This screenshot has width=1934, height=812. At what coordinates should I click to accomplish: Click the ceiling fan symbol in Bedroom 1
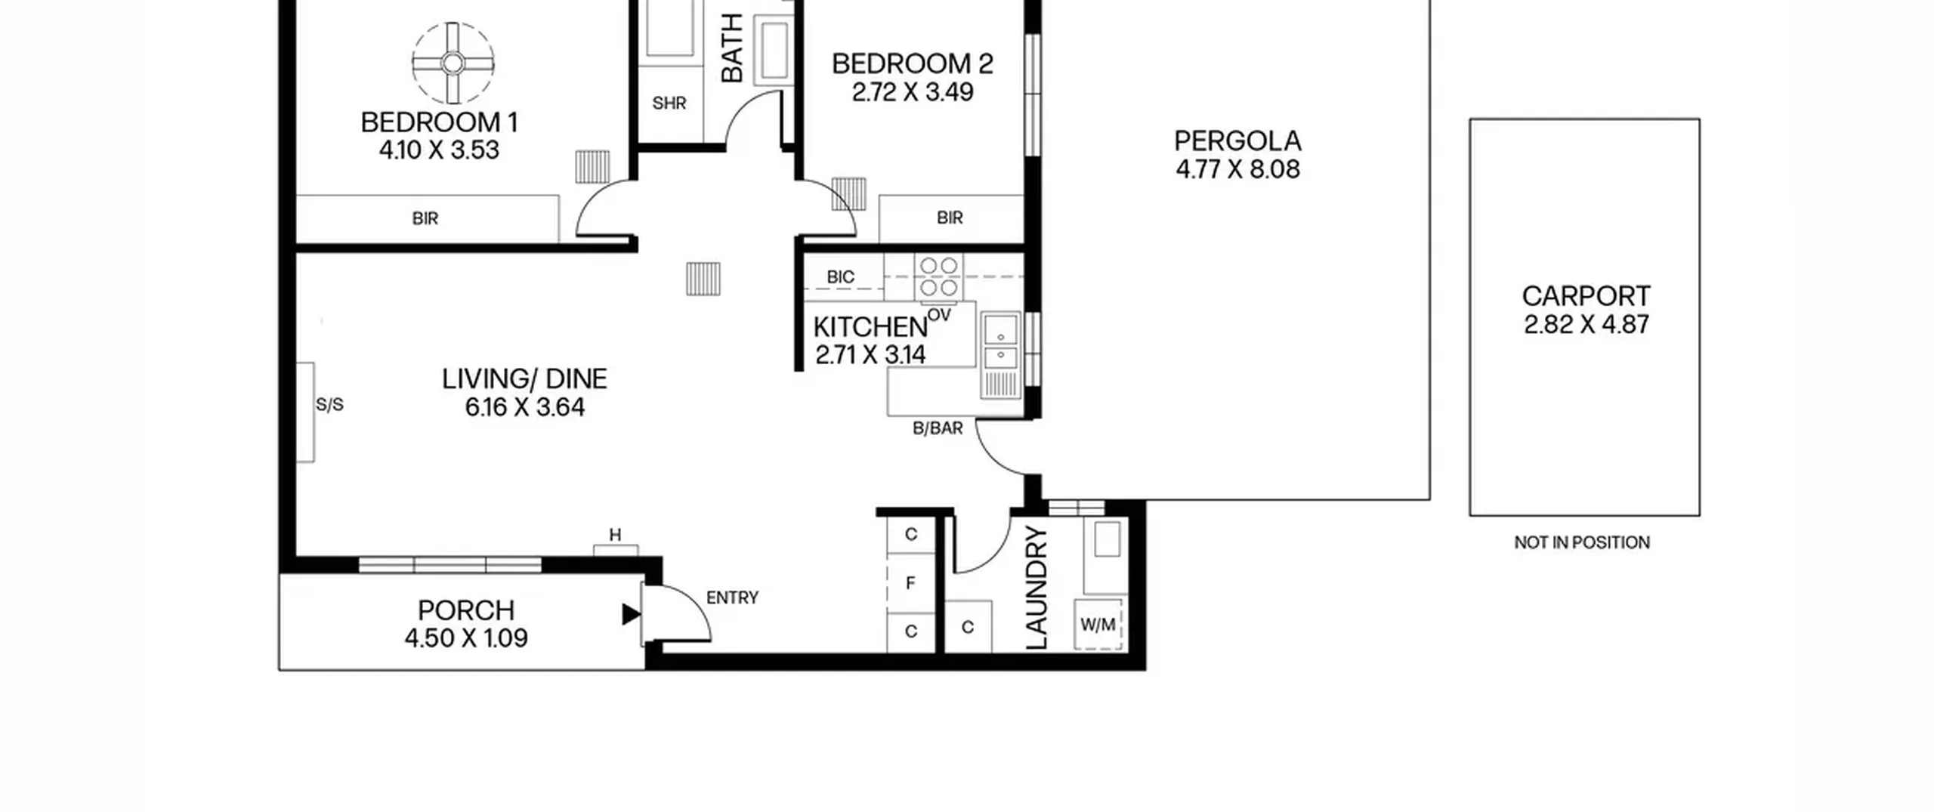453,63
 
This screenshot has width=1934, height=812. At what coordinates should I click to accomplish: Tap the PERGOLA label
1237,141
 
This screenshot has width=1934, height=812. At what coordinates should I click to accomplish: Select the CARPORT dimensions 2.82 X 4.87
1586,325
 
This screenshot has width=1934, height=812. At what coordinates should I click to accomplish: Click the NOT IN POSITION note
1582,542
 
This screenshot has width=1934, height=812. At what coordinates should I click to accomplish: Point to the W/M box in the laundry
1098,625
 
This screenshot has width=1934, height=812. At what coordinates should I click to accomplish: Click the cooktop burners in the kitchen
938,276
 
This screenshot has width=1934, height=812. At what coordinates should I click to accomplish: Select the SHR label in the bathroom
669,103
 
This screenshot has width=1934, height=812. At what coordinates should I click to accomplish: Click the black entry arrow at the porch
631,614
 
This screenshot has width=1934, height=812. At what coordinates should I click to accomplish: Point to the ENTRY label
732,597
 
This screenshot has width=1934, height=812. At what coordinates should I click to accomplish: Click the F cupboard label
910,583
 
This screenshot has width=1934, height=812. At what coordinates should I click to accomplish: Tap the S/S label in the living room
329,405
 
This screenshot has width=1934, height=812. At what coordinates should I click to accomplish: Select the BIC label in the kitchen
840,277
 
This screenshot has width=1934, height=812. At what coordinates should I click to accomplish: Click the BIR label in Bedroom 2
950,218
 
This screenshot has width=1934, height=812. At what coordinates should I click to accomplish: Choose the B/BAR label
938,428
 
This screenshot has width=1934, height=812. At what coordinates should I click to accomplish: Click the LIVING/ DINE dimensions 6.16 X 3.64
525,408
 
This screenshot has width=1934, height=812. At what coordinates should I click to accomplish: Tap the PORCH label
466,610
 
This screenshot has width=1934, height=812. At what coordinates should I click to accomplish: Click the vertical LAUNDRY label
1037,587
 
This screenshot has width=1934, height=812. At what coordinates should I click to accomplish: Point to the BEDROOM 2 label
913,63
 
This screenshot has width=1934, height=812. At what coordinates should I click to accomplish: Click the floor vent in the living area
703,279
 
